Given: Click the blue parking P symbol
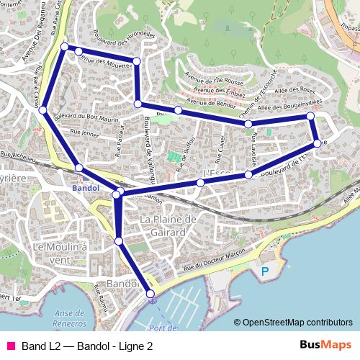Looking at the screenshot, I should click(265, 272).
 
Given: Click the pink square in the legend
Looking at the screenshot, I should click(10, 346).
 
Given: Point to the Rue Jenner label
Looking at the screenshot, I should click(85, 132).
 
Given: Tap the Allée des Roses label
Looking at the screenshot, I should click(296, 90).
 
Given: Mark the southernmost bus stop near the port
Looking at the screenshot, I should click(150, 294).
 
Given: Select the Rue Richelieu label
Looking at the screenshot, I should click(18, 153).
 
